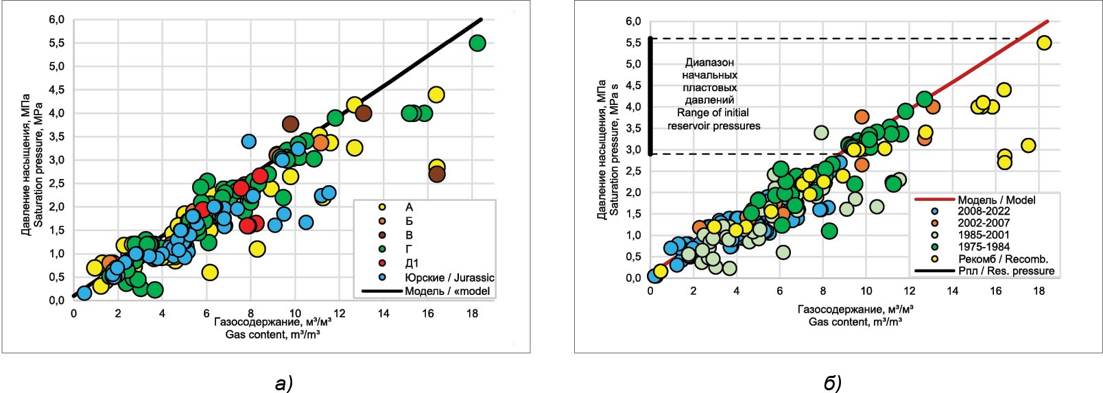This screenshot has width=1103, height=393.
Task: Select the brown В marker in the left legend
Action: [x=382, y=235]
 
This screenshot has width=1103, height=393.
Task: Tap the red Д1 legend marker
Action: [x=382, y=263]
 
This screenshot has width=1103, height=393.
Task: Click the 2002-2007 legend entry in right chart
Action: [x=983, y=223]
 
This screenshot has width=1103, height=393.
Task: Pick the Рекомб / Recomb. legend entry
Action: [x=1002, y=259]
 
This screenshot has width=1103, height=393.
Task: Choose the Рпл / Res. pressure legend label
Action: [x=1006, y=271]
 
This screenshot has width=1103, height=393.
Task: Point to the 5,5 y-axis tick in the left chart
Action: [x=56, y=43]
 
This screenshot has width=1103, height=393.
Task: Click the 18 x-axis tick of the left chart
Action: [x=472, y=313]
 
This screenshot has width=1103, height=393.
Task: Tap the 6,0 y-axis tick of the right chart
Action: [x=633, y=21]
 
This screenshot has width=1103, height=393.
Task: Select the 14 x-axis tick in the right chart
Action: [x=953, y=291]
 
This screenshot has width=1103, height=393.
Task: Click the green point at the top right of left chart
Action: [x=477, y=43]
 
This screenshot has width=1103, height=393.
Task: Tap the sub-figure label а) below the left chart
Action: [x=283, y=383]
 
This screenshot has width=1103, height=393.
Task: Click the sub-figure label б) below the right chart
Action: [x=832, y=383]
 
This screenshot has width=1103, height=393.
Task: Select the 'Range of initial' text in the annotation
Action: [x=713, y=112]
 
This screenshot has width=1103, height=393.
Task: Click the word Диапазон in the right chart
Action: [x=709, y=62]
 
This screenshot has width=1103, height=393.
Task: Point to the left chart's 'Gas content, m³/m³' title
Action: [x=272, y=335]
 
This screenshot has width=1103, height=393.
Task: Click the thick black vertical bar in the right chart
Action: [x=651, y=96]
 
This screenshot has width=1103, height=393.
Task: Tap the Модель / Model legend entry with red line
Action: [x=996, y=200]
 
